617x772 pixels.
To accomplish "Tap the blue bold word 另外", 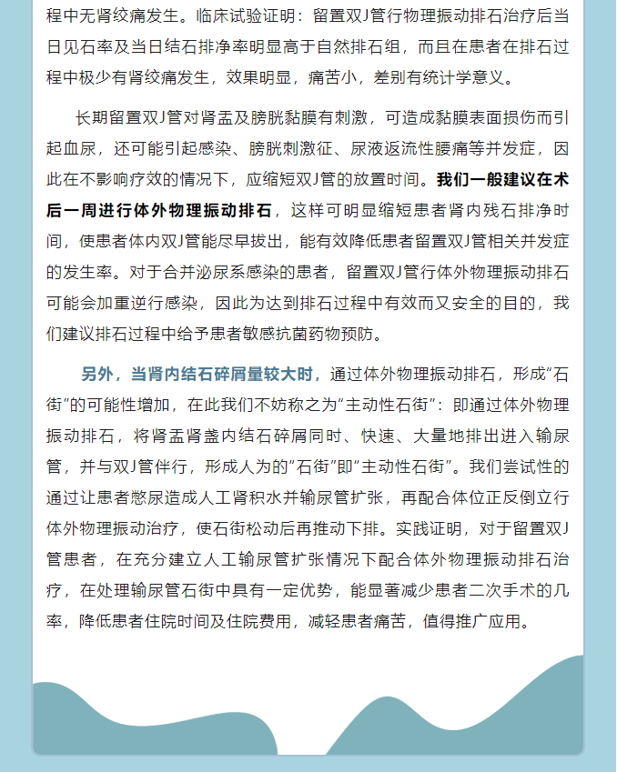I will point(99,374).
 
